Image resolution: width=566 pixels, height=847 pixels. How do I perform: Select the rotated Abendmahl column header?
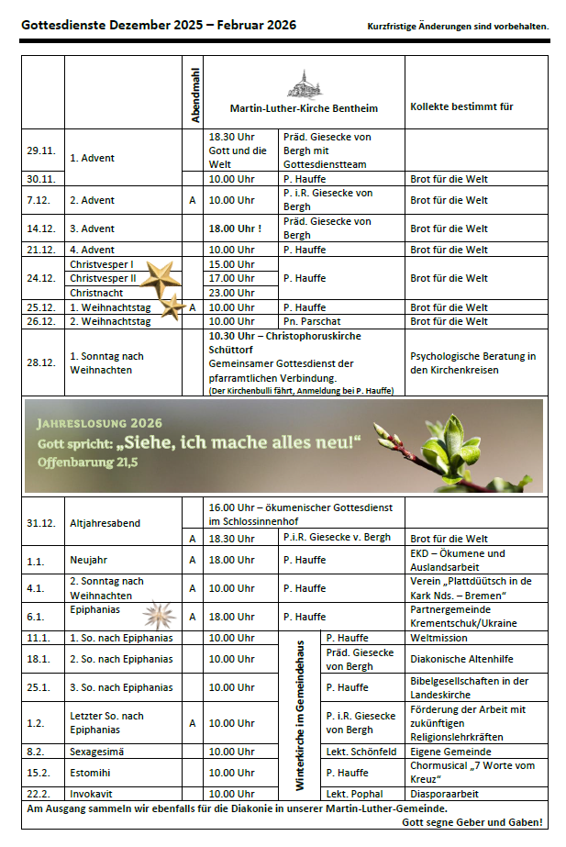pyautogui.click(x=194, y=95)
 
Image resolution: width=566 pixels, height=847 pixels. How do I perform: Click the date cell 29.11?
pyautogui.click(x=40, y=150)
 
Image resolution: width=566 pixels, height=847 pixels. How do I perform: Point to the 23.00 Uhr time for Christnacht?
pyautogui.click(x=232, y=293)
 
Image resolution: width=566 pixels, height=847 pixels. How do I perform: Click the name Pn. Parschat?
pyautogui.click(x=312, y=321)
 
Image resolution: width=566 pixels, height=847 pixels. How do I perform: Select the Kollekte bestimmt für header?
pyautogui.click(x=461, y=107)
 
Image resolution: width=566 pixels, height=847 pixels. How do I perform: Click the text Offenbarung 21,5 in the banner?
pyautogui.click(x=87, y=462)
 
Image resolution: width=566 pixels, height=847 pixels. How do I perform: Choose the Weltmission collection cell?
pyautogui.click(x=440, y=638)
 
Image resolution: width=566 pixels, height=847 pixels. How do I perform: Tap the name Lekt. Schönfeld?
pyautogui.click(x=361, y=751)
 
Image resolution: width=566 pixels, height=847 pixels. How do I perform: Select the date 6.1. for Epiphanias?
pyautogui.click(x=37, y=617)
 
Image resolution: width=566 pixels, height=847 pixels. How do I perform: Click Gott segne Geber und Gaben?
pyautogui.click(x=472, y=822)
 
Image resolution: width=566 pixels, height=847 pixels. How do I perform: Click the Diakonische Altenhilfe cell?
pyautogui.click(x=461, y=659)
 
